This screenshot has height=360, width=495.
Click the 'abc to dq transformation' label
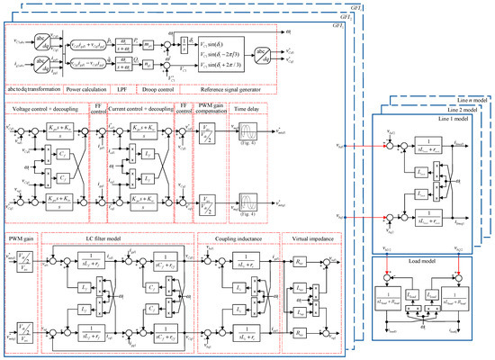(x=39, y=89)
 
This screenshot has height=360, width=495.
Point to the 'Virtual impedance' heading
(x=307, y=238)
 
